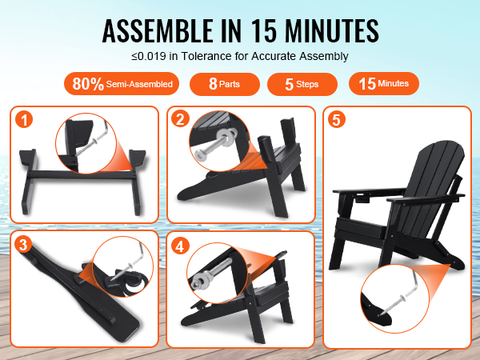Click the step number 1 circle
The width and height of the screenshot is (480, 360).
[24, 119]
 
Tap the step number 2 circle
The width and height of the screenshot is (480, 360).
[180, 118]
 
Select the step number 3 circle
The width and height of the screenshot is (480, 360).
[23, 245]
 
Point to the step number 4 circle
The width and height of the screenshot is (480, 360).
[180, 246]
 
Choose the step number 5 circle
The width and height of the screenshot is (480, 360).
[337, 119]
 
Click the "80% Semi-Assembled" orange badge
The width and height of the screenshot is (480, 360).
[122, 83]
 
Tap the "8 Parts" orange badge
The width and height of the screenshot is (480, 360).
[225, 84]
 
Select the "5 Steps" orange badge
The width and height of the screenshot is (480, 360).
[302, 84]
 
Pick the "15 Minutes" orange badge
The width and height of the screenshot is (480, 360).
[384, 83]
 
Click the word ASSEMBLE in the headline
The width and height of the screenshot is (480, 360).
[158, 30]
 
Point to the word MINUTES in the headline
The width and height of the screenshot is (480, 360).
[332, 30]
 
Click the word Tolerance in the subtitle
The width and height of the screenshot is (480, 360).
[206, 56]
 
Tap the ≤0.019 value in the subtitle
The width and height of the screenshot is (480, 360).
[149, 56]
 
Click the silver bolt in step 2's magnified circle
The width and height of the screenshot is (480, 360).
[214, 146]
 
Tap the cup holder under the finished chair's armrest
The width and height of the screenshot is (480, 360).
[362, 199]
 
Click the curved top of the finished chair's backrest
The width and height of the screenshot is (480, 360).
[441, 149]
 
